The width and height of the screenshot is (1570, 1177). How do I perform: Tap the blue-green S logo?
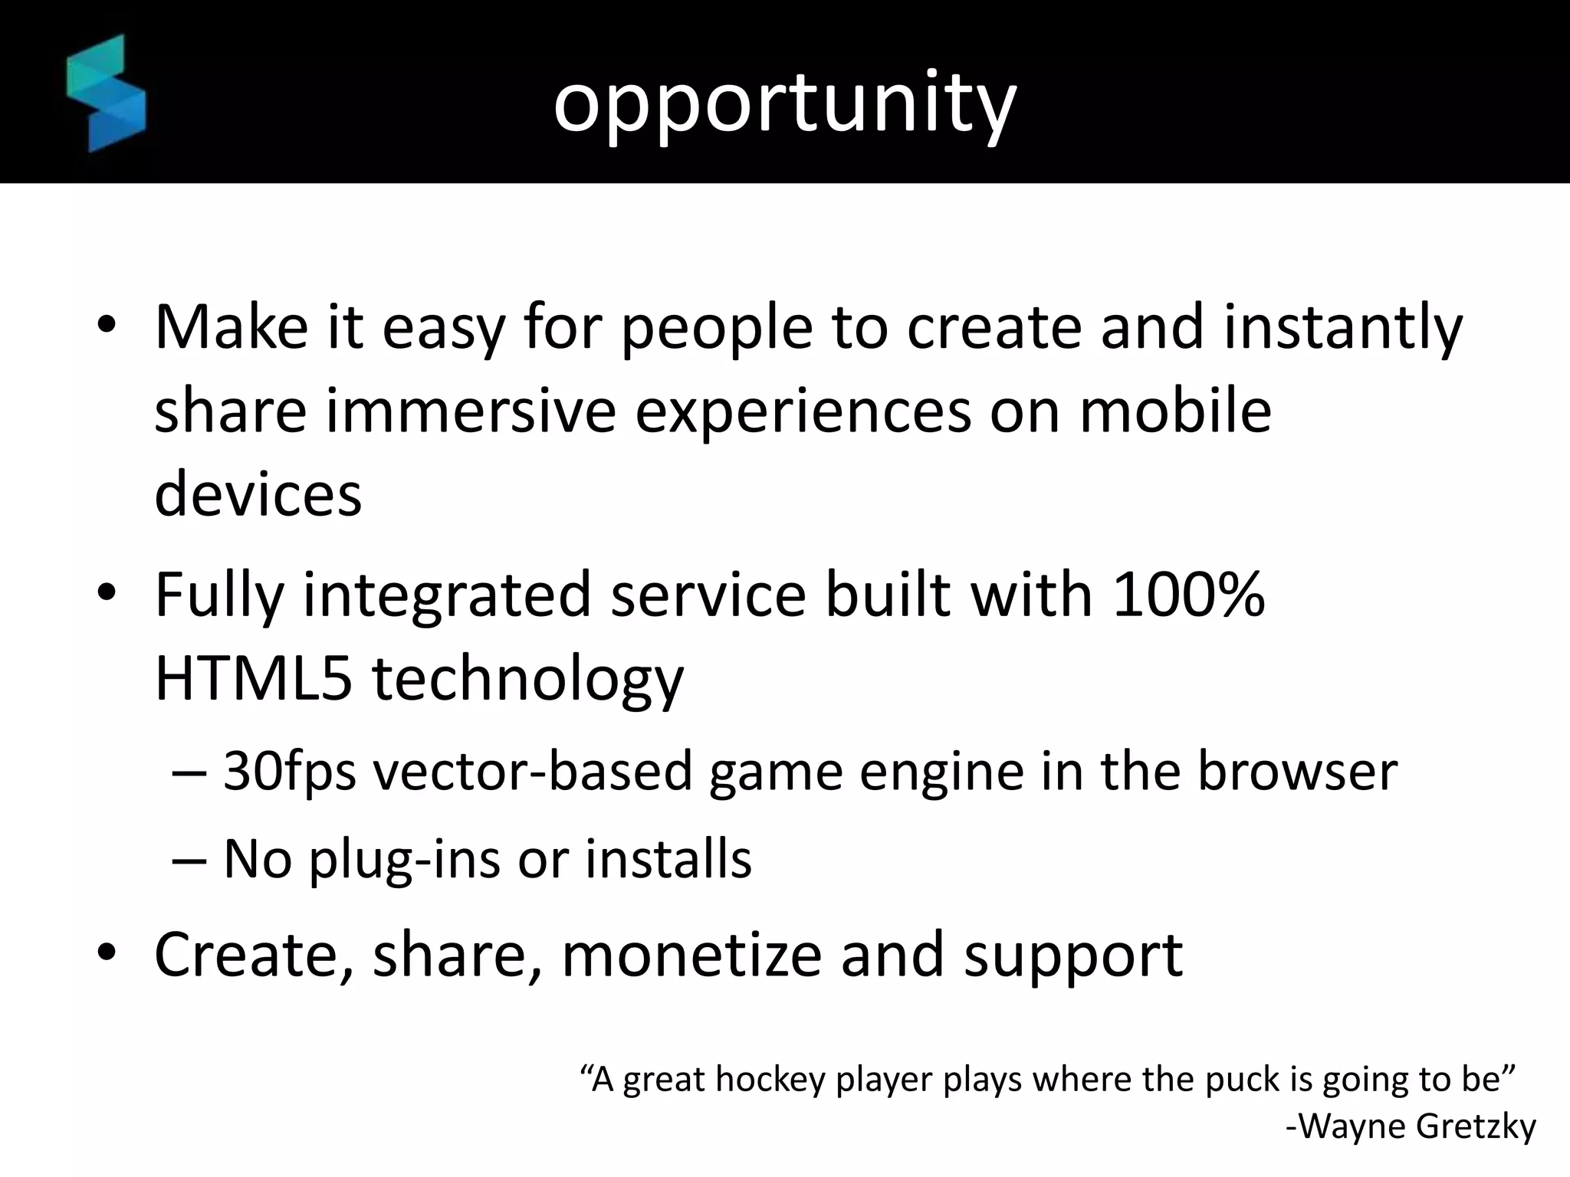(106, 93)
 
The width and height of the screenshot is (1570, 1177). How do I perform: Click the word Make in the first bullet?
(232, 327)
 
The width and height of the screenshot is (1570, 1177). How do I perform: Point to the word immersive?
(471, 411)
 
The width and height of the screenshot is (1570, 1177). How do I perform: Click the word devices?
(258, 494)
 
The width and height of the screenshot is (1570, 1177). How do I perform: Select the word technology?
(528, 680)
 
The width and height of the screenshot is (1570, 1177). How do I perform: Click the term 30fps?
(290, 772)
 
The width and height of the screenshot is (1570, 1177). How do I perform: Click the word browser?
(1297, 772)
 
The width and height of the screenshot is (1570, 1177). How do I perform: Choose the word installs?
(668, 859)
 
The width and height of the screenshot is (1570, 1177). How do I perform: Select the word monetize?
(691, 955)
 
